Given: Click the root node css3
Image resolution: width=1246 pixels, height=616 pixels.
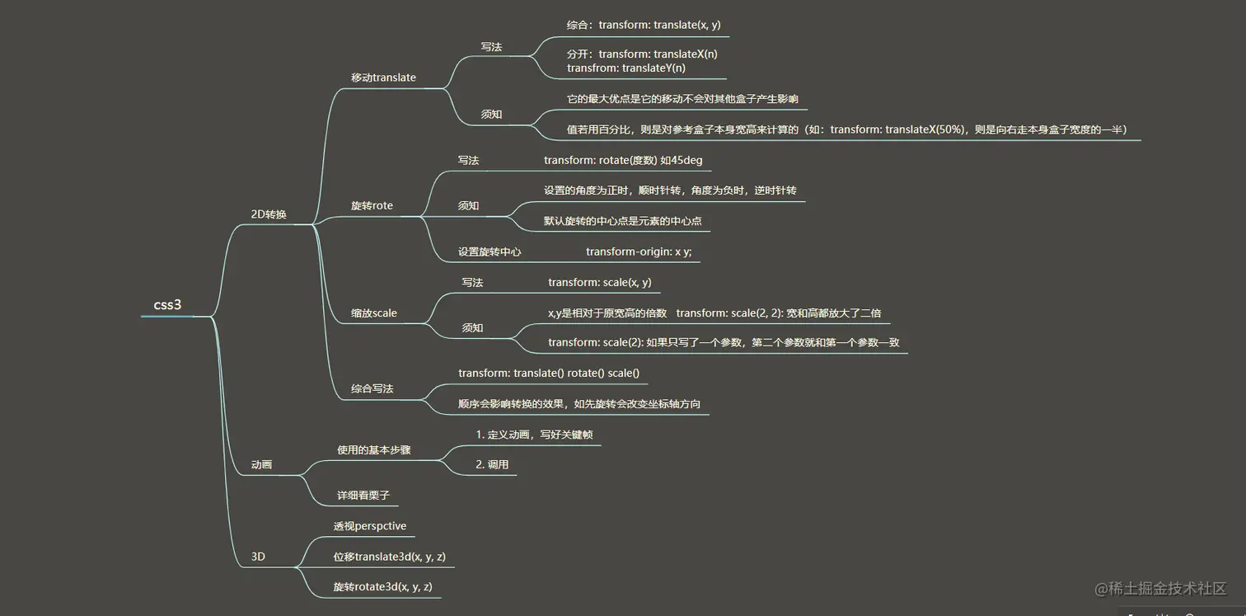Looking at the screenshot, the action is pyautogui.click(x=167, y=305).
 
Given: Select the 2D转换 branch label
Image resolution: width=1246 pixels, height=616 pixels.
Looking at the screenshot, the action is pyautogui.click(x=269, y=214).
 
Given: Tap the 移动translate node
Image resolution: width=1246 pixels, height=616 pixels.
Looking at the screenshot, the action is pyautogui.click(x=383, y=78).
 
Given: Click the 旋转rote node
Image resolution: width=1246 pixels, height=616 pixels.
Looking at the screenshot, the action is pyautogui.click(x=372, y=205).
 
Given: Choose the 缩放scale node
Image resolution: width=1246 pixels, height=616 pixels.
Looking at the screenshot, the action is pyautogui.click(x=373, y=313).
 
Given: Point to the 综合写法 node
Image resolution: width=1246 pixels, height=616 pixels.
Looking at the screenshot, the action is pyautogui.click(x=372, y=388).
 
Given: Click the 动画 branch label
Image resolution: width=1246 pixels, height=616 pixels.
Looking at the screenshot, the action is pyautogui.click(x=261, y=465).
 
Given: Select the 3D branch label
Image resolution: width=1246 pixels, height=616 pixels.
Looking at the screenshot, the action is pyautogui.click(x=258, y=557).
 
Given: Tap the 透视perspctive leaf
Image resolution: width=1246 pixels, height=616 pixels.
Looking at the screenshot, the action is pyautogui.click(x=370, y=526).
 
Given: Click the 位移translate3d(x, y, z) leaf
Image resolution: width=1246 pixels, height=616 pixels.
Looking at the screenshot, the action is pyautogui.click(x=390, y=557).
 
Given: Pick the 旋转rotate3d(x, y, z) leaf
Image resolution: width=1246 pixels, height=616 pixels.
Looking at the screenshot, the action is pyautogui.click(x=383, y=587).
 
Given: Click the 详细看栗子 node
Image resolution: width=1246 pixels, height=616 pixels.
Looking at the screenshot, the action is pyautogui.click(x=363, y=496).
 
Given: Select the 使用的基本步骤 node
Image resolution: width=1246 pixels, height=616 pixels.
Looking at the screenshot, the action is pyautogui.click(x=374, y=450).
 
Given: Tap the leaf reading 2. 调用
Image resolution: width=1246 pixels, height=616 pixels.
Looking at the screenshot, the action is pyautogui.click(x=492, y=464).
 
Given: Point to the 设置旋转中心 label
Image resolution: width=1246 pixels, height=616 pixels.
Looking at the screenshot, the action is pyautogui.click(x=489, y=252).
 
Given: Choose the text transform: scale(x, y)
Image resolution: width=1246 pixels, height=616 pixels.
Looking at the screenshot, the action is pyautogui.click(x=600, y=282).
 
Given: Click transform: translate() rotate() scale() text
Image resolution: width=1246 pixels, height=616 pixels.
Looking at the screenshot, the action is pyautogui.click(x=549, y=373).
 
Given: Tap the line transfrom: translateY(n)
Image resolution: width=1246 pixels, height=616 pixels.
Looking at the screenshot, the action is pyautogui.click(x=626, y=68).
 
